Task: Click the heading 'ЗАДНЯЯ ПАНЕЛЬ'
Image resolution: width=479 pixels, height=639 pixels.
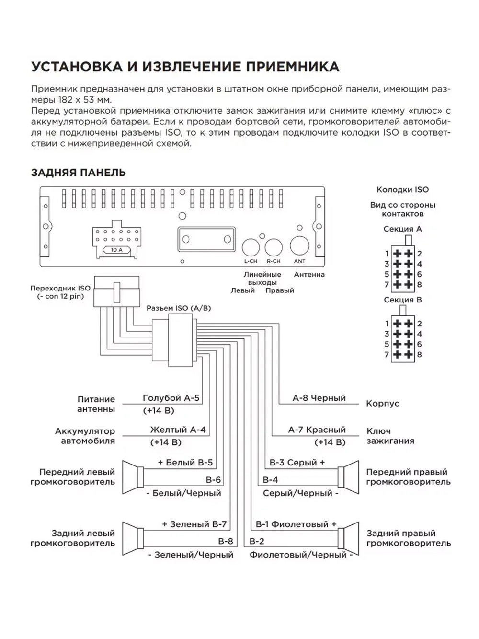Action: [x=78, y=173]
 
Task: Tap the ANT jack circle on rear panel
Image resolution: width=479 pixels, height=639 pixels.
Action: [x=299, y=245]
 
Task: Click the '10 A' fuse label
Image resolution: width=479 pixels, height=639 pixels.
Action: [x=117, y=250]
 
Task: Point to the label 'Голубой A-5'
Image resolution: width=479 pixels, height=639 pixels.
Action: [x=171, y=398]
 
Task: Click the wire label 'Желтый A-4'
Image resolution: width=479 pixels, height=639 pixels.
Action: [x=178, y=430]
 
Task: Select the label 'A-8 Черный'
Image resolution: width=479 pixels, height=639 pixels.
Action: [x=319, y=398]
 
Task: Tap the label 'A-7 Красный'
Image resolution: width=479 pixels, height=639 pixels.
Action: [x=317, y=430]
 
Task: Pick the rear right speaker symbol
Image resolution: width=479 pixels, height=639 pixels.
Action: [x=348, y=539]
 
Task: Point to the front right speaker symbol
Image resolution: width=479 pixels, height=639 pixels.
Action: [x=348, y=477]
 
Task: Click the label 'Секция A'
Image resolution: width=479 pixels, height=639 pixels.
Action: [x=402, y=229]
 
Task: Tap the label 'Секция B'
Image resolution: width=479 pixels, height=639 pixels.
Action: [x=402, y=300]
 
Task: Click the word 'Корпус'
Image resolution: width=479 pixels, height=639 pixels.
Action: [x=382, y=404]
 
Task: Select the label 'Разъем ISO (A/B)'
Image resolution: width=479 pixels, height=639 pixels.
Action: [x=179, y=308]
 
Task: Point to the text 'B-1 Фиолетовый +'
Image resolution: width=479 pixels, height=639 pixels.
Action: [x=296, y=524]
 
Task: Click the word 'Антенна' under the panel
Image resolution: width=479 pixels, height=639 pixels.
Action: [x=309, y=274]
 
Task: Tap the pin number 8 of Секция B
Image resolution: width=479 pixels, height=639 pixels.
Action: [x=420, y=355]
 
